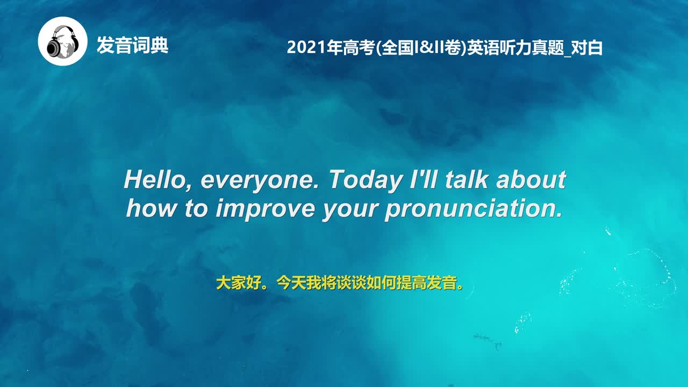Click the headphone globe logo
62,41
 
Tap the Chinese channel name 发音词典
132,45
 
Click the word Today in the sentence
364,180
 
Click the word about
531,179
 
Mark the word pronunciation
473,209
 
